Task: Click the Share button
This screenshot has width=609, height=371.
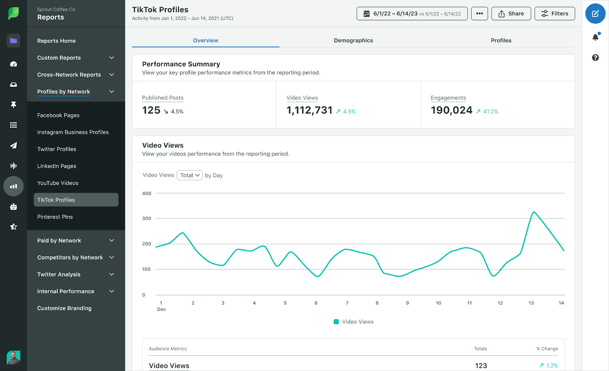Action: (x=511, y=14)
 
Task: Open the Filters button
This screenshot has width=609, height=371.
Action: (x=555, y=14)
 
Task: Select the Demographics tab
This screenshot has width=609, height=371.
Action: (x=353, y=40)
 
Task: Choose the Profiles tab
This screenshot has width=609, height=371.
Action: (x=501, y=40)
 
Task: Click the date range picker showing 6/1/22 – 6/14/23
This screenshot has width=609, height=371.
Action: (x=412, y=14)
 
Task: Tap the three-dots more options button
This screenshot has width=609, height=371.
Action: (x=479, y=14)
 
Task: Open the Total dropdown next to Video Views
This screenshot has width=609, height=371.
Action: (x=190, y=175)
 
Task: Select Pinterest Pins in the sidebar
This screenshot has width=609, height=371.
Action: (x=55, y=217)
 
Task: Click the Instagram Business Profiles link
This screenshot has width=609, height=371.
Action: (x=73, y=132)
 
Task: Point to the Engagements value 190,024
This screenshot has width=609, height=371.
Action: (x=451, y=110)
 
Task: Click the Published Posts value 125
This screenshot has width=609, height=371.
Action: (x=151, y=110)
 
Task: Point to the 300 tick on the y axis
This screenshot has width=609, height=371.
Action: (x=147, y=219)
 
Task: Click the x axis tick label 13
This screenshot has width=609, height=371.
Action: (x=531, y=303)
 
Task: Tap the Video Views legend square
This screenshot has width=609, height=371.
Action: (x=336, y=322)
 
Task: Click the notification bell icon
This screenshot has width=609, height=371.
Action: (x=595, y=37)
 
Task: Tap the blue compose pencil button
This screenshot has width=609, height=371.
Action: (x=595, y=14)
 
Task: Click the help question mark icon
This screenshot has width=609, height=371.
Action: (x=595, y=58)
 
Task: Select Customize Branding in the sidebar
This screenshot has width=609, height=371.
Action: (x=64, y=308)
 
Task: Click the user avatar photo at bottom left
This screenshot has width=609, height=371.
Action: (x=13, y=357)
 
